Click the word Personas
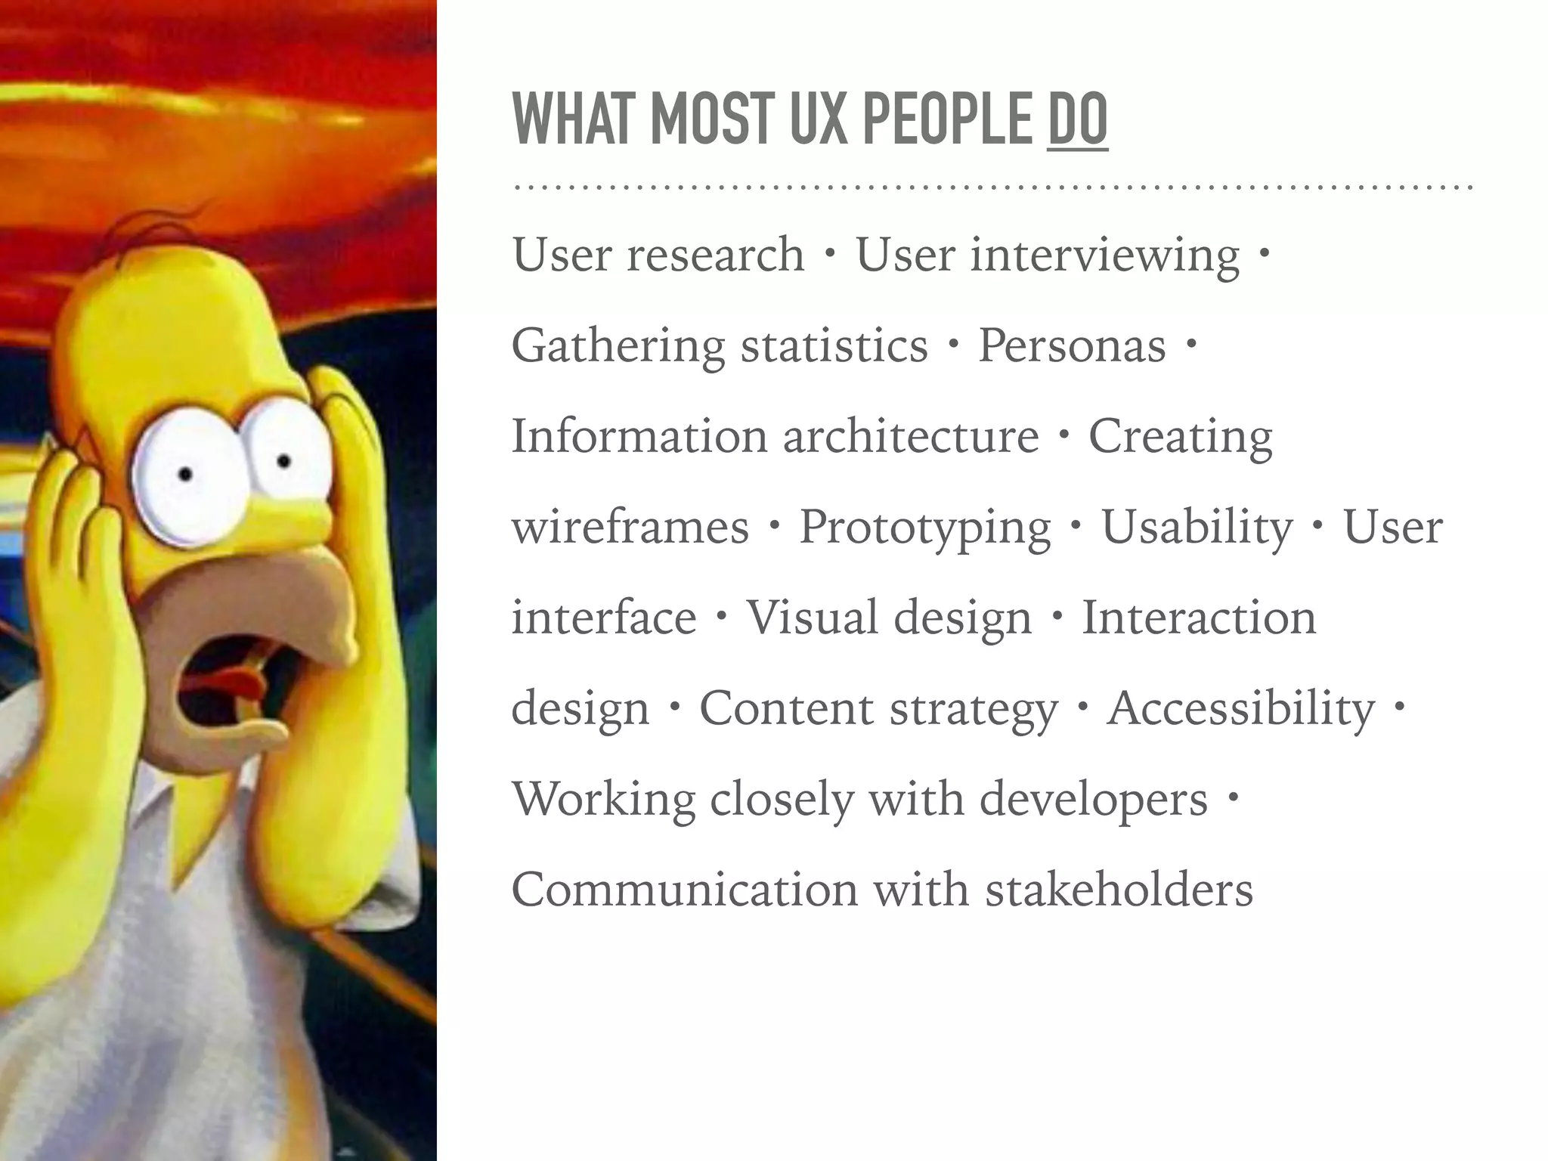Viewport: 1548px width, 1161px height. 1072,346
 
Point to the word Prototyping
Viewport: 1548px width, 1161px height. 925,528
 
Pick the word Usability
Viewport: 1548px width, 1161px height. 1197,528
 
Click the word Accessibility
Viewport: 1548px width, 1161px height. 1240,709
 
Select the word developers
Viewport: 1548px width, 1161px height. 1094,800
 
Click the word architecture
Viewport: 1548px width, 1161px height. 911,437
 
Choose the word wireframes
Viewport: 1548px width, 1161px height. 630,528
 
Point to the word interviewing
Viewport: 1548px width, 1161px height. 1105,255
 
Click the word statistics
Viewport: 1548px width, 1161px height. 834,346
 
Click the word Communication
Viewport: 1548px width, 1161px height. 685,890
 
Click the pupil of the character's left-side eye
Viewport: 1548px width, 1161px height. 185,475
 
